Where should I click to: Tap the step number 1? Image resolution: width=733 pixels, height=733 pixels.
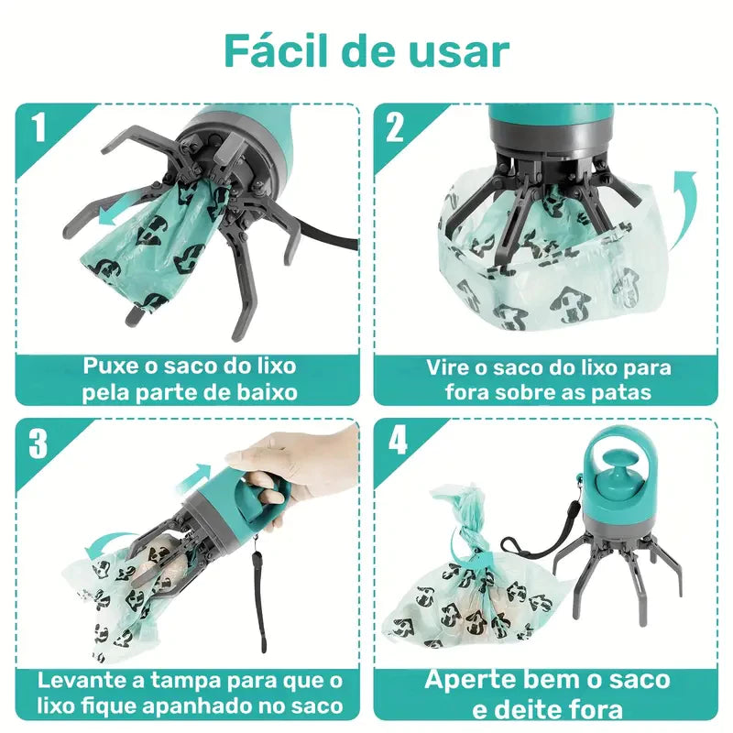tap(38, 127)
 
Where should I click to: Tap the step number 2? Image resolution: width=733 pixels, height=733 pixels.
tap(395, 127)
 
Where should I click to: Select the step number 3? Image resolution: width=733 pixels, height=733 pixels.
tap(38, 443)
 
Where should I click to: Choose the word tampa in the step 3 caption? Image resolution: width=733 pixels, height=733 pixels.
tap(174, 681)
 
